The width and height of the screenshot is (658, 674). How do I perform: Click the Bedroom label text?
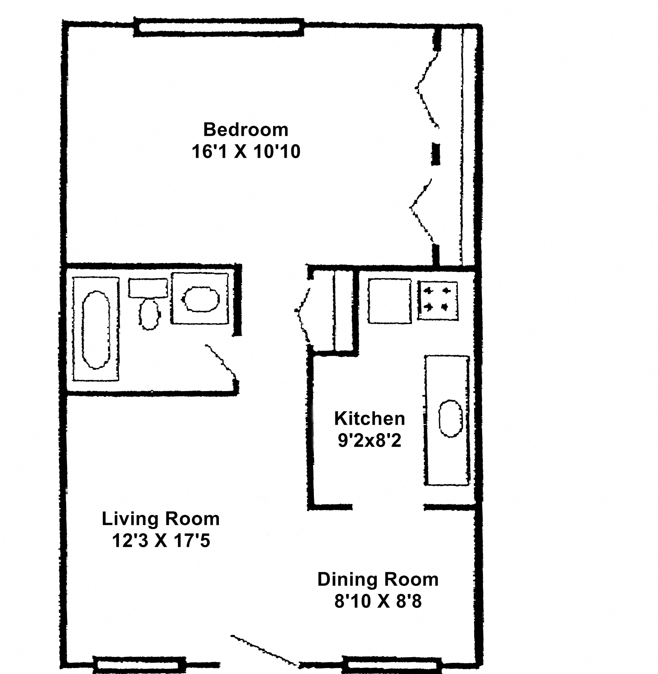point(246,130)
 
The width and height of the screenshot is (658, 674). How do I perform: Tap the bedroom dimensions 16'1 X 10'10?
point(246,152)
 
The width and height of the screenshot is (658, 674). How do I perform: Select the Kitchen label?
point(369,419)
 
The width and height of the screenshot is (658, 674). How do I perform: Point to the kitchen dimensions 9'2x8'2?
point(369,441)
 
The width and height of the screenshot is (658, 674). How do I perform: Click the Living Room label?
point(161,519)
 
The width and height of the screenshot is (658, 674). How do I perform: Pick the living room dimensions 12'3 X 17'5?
point(161,542)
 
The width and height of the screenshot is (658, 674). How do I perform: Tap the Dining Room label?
point(378,579)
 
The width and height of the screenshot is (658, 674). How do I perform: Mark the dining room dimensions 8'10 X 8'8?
point(378,602)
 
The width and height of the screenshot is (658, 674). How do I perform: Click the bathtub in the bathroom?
point(96,330)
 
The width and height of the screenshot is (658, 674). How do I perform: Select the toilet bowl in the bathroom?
point(150,314)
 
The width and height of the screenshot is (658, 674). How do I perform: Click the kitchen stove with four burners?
point(437,301)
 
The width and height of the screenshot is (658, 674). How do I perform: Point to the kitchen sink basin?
point(451,419)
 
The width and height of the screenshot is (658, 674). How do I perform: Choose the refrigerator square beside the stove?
point(390,301)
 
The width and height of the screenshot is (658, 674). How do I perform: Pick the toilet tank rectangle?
point(148,288)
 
